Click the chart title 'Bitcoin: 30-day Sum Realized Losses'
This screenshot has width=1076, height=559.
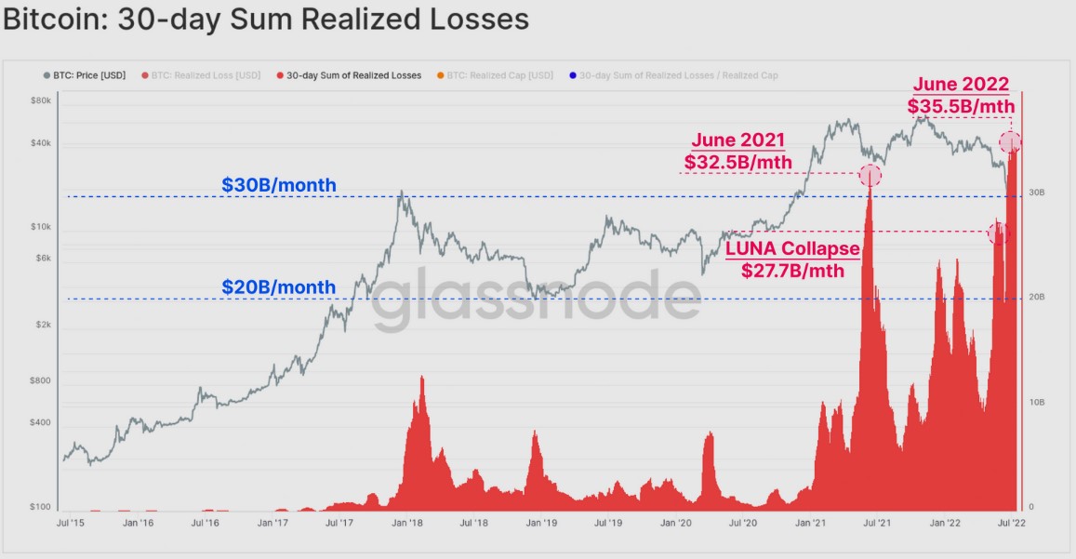point(266,20)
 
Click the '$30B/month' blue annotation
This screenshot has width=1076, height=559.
point(279,185)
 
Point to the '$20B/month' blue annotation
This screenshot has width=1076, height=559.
point(279,287)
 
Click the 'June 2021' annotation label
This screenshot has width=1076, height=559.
point(738,141)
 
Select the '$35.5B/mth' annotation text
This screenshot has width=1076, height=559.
point(961,106)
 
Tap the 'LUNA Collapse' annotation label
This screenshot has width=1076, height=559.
point(792,250)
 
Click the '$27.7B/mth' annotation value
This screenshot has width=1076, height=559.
point(792,272)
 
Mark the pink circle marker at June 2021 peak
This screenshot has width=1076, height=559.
point(870,175)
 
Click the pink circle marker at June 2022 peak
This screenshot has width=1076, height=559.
point(1010,142)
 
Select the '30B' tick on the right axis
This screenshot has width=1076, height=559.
point(1036,193)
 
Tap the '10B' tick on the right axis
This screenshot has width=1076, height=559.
point(1036,403)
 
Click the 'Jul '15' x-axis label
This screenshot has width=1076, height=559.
point(71,524)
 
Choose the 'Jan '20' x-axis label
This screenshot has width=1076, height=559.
point(676,524)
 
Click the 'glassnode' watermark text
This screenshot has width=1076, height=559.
point(538,299)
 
